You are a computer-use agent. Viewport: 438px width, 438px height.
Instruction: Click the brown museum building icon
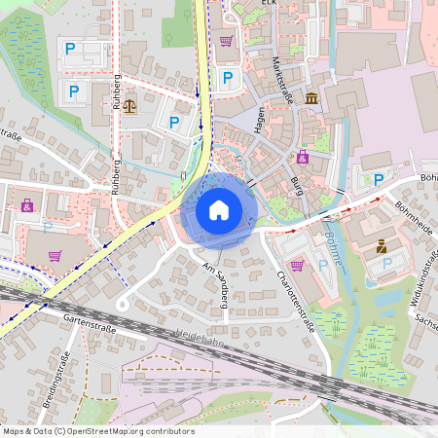click(310, 100)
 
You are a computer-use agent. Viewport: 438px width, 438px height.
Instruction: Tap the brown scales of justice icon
click(131, 101)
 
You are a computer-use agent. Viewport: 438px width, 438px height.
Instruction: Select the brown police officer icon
click(381, 246)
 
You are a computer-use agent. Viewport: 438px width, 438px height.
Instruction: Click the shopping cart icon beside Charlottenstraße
click(297, 264)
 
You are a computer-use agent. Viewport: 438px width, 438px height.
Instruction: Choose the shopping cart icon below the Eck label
click(227, 41)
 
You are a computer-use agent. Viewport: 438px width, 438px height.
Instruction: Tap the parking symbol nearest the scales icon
click(174, 122)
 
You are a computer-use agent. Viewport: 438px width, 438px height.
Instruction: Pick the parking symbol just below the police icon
click(386, 264)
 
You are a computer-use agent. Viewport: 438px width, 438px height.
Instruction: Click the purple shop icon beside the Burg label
click(303, 156)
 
